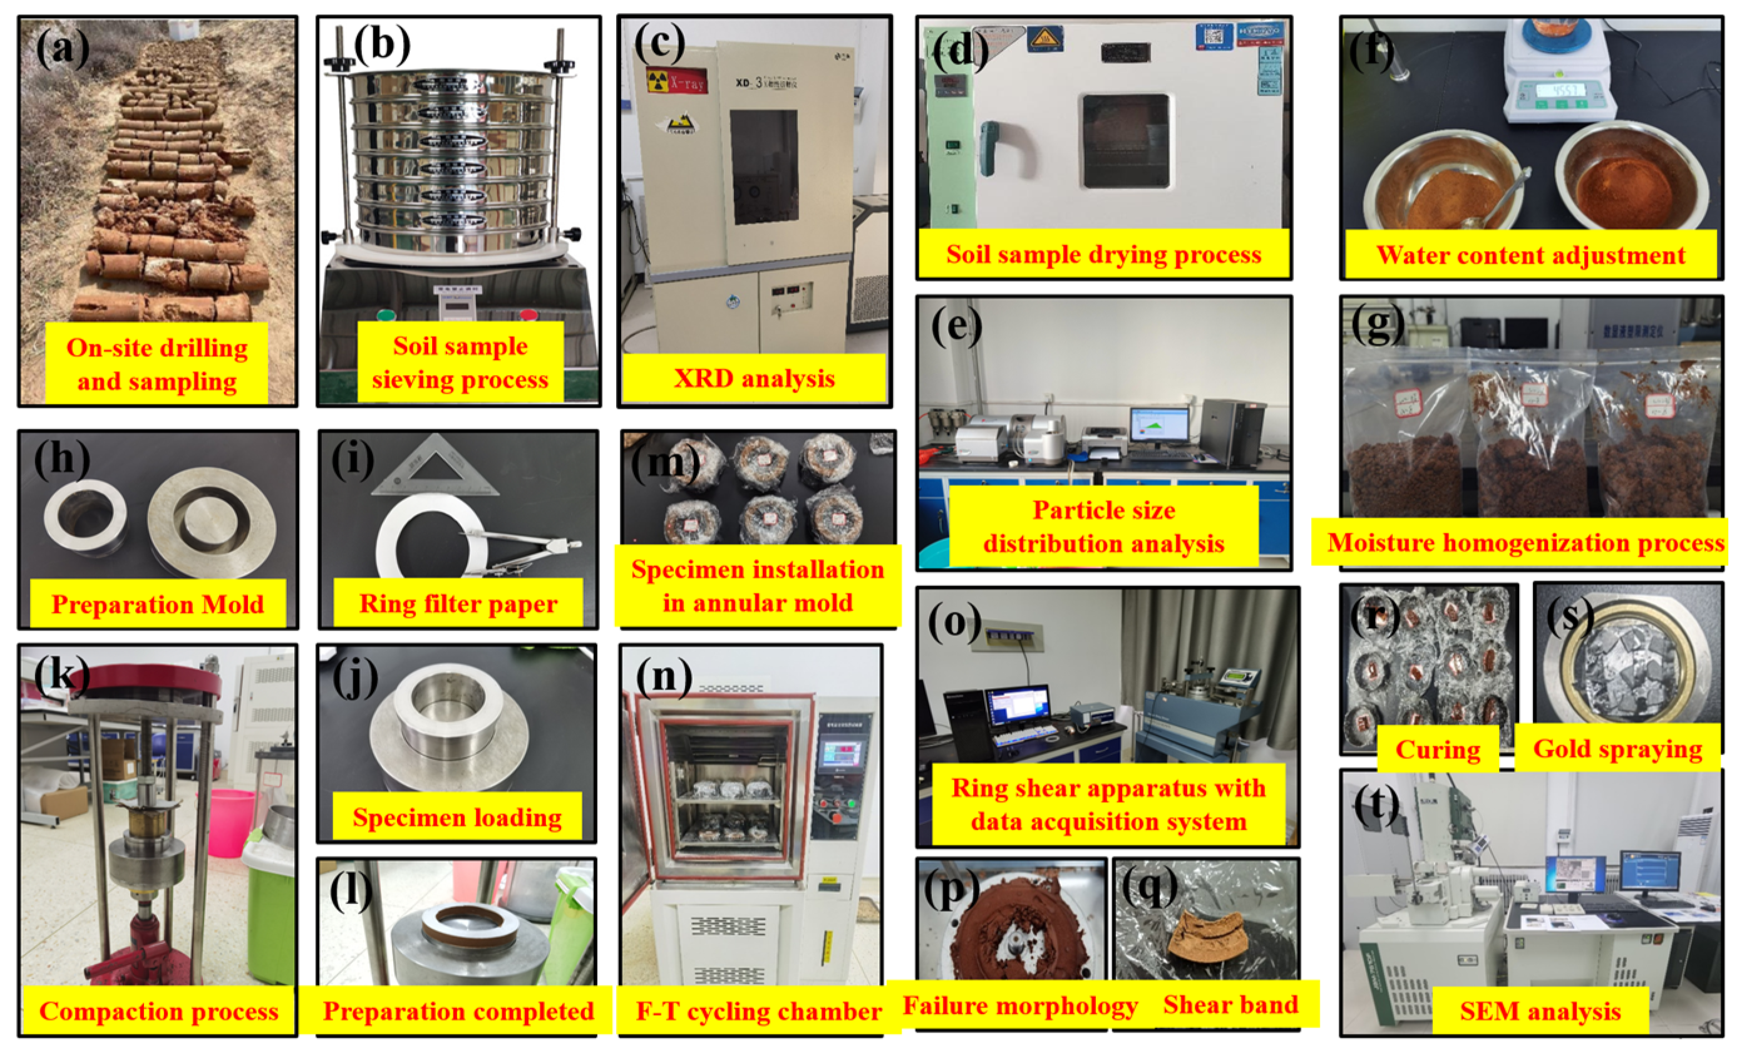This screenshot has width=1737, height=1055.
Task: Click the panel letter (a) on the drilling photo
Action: [x=63, y=49]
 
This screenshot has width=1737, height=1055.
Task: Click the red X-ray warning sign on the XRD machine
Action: [x=676, y=81]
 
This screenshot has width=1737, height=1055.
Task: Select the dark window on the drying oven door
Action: [x=1125, y=141]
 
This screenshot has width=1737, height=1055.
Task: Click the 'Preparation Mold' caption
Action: [x=157, y=604]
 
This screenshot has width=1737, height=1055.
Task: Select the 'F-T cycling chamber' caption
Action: [x=758, y=1011]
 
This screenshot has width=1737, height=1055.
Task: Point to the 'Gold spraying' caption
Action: [x=1617, y=748]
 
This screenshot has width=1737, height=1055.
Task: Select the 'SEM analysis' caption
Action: [x=1540, y=1011]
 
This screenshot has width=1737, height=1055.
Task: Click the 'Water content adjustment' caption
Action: [x=1530, y=254]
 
